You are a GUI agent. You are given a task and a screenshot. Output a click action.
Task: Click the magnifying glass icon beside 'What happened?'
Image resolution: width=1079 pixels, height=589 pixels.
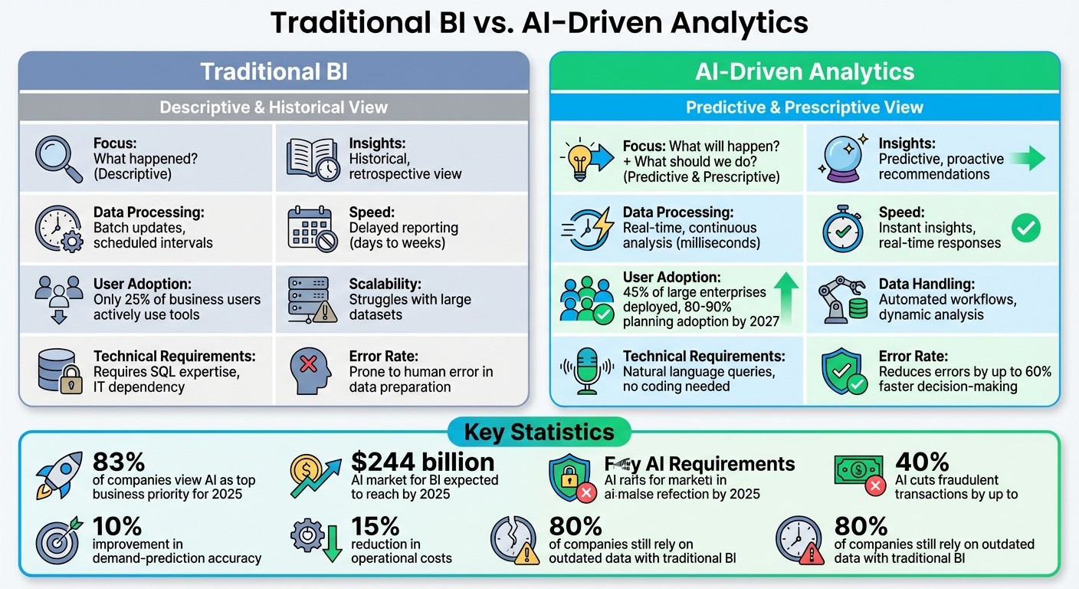click(59, 159)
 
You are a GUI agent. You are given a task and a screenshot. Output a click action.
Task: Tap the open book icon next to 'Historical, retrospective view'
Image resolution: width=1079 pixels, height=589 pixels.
click(312, 160)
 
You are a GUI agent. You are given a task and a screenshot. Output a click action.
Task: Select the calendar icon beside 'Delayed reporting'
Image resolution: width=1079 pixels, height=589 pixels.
click(312, 229)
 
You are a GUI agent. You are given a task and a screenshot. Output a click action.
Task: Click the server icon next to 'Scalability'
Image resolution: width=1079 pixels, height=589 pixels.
click(312, 298)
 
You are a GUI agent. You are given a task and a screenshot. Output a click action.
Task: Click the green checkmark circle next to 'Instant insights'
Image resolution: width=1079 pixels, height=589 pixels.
click(1025, 228)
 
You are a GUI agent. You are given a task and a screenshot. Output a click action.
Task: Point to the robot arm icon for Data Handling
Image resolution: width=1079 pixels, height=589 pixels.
click(841, 298)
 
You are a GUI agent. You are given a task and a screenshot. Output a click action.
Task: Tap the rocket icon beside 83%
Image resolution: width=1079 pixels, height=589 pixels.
click(59, 473)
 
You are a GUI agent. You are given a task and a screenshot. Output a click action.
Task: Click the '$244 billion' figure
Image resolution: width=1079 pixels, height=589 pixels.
click(422, 462)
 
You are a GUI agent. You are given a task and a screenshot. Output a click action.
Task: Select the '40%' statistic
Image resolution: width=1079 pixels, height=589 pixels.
click(922, 462)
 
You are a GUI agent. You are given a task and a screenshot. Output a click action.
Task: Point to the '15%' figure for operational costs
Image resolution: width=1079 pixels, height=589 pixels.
click(376, 525)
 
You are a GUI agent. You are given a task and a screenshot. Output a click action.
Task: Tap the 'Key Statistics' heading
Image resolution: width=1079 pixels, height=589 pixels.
click(539, 432)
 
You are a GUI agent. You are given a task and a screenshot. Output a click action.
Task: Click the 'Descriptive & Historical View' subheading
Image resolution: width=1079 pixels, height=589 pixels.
click(274, 107)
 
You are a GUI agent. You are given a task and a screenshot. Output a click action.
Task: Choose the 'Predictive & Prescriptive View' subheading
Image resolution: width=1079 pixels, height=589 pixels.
click(804, 107)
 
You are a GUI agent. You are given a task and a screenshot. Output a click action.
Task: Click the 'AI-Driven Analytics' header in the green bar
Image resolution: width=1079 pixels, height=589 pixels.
click(804, 72)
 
